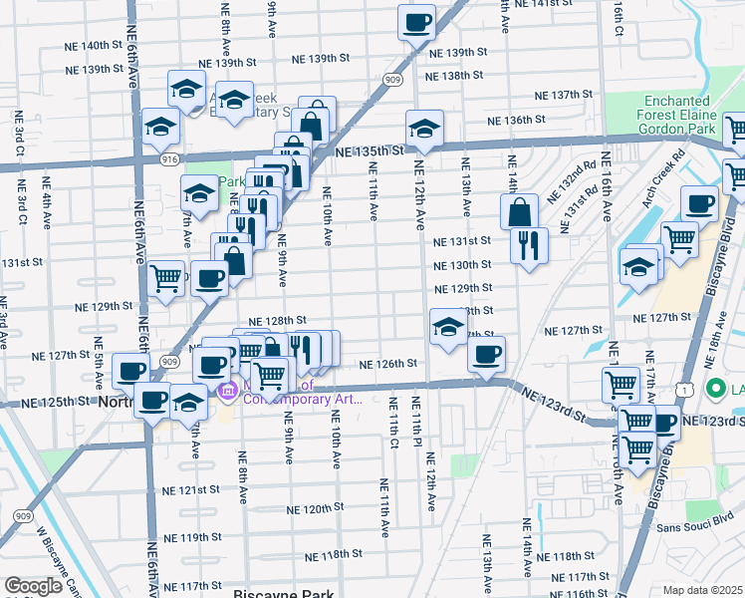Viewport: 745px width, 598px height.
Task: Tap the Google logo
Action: pos(33,586)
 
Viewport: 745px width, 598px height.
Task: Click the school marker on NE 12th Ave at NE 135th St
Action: pos(424,128)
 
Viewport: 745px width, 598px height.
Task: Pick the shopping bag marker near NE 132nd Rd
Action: pos(520,210)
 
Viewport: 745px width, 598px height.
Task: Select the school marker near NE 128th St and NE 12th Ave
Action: pos(447,326)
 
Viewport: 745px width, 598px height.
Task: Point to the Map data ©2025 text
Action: pos(703,590)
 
